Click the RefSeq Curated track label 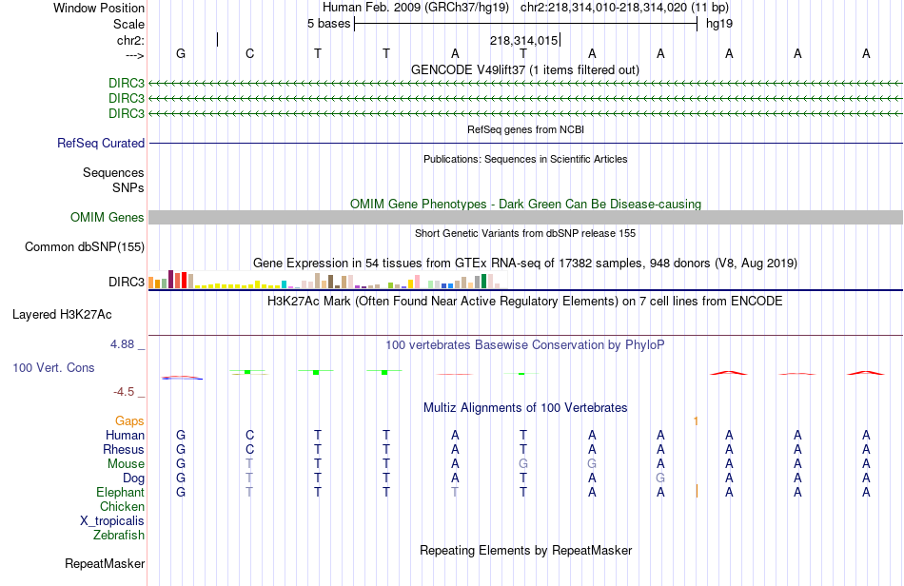pos(101,144)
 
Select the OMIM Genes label pos(108,218)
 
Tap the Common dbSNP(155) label pos(85,247)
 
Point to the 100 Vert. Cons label pos(53,368)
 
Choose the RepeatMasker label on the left pos(105,564)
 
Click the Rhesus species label pos(124,450)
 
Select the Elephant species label pos(120,493)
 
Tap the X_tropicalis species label pos(112,521)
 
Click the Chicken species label pos(122,507)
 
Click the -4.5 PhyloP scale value pos(128,391)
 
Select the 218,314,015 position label pos(523,41)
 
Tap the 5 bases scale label pos(328,24)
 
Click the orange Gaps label pos(129,420)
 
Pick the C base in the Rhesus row pos(250,450)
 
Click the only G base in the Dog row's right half pos(660,478)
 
